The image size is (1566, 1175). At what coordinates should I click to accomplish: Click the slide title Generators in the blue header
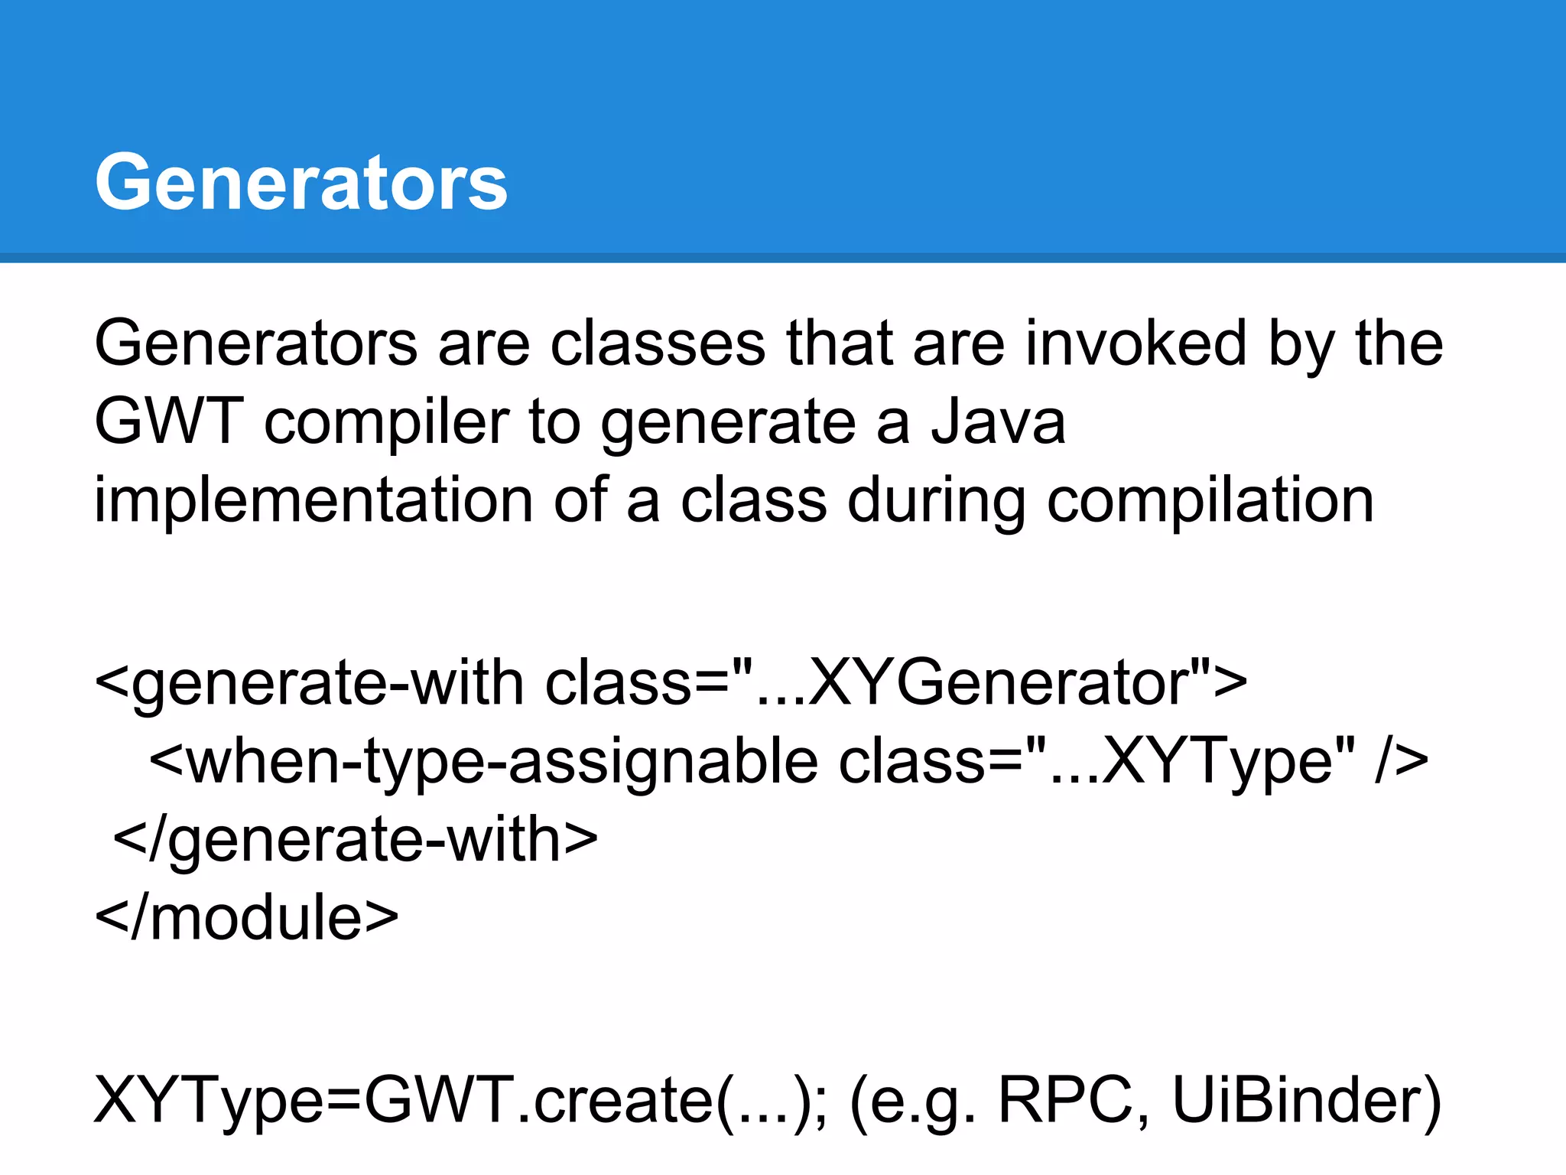coord(301,182)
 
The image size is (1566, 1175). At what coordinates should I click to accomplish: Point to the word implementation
coord(313,501)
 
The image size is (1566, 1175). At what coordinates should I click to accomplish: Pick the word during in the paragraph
coord(936,501)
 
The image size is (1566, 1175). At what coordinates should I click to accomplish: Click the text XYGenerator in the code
coord(994,682)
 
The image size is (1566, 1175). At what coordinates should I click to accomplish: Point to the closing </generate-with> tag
coord(356,840)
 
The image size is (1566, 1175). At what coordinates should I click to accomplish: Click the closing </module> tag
coord(246,917)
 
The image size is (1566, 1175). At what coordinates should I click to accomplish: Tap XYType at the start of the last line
coord(206,1100)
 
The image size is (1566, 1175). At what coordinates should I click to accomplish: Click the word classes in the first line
coord(658,344)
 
